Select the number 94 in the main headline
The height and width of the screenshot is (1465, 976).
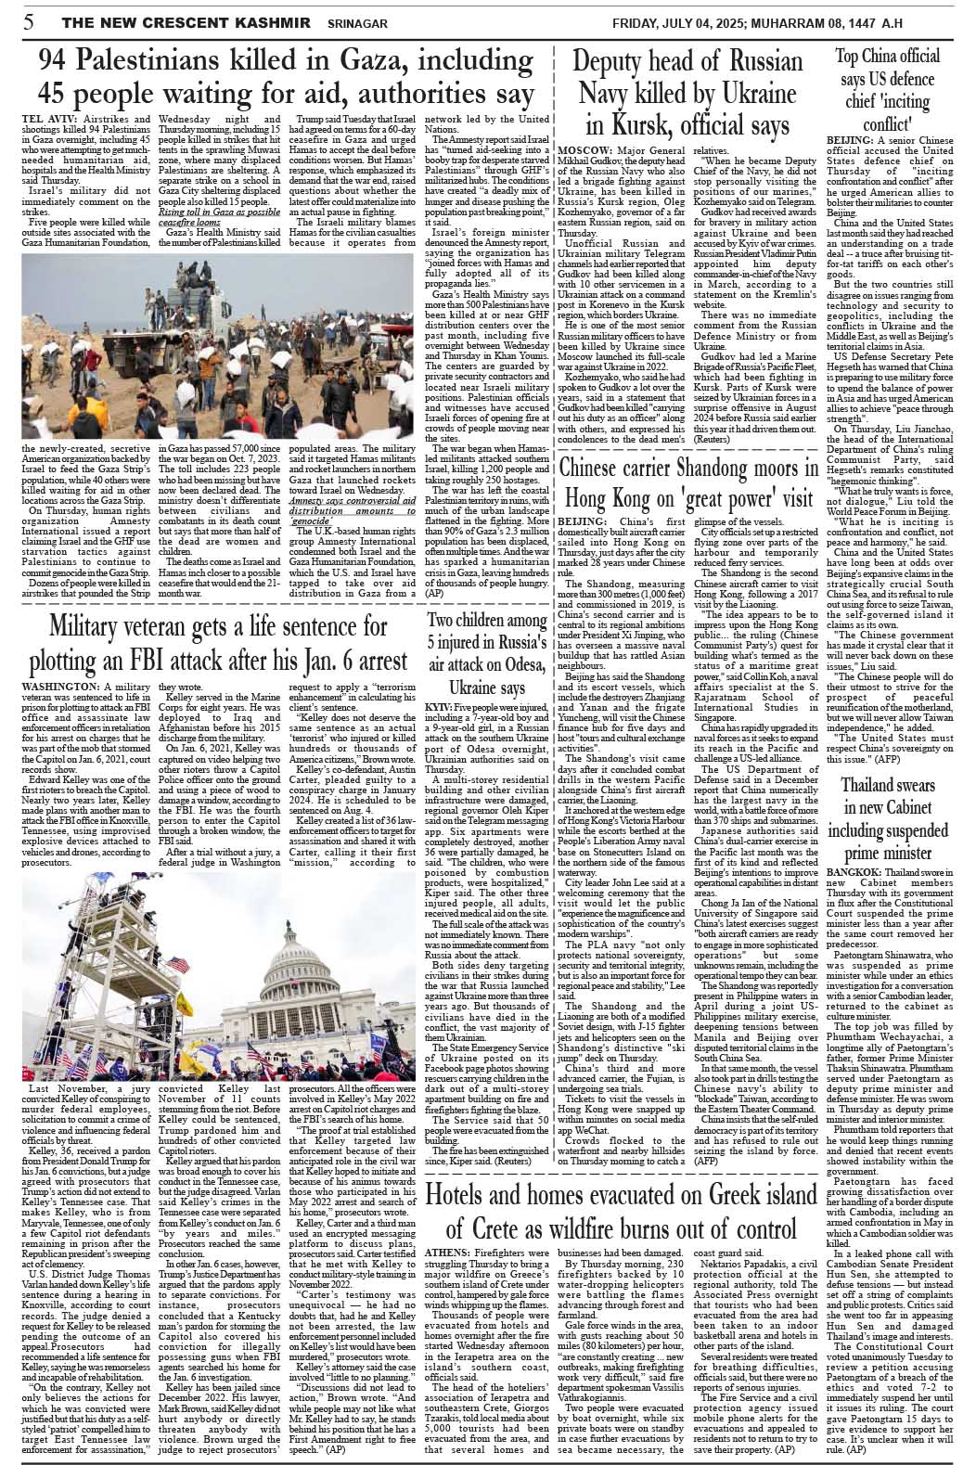tap(56, 61)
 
